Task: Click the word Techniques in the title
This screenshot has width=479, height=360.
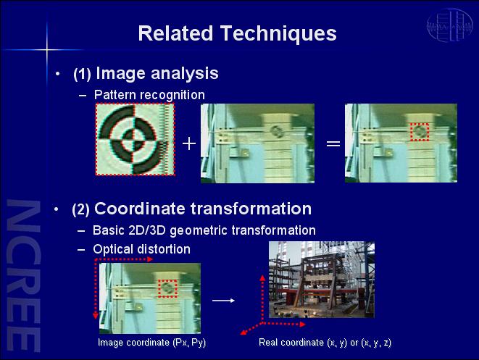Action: coord(278,33)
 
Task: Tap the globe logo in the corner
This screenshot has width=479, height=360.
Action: coord(450,25)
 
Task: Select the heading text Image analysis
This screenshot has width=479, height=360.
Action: coord(157,73)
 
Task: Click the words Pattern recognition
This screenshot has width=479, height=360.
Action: coord(149,95)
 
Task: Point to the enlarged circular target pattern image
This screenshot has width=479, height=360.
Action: coord(135,139)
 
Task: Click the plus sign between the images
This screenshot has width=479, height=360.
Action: coord(189,143)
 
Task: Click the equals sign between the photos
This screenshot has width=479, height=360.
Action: coord(333,143)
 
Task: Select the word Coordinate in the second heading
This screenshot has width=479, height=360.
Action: coord(140,209)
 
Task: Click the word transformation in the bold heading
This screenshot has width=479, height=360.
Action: coord(251,209)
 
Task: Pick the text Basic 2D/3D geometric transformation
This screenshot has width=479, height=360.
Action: coord(204,230)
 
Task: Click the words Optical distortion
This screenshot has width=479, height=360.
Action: coord(142,249)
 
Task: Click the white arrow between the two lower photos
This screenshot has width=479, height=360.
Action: coord(223,301)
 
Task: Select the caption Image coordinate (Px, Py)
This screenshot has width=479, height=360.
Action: coord(152,343)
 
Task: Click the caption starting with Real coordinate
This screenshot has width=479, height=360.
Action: coord(325,343)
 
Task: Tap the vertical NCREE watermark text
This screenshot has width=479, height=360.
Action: coord(23,275)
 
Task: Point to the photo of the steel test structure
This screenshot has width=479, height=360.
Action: coord(321,280)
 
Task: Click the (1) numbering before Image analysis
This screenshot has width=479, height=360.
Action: coord(82,74)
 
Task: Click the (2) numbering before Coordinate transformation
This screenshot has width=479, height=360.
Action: coord(80,210)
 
